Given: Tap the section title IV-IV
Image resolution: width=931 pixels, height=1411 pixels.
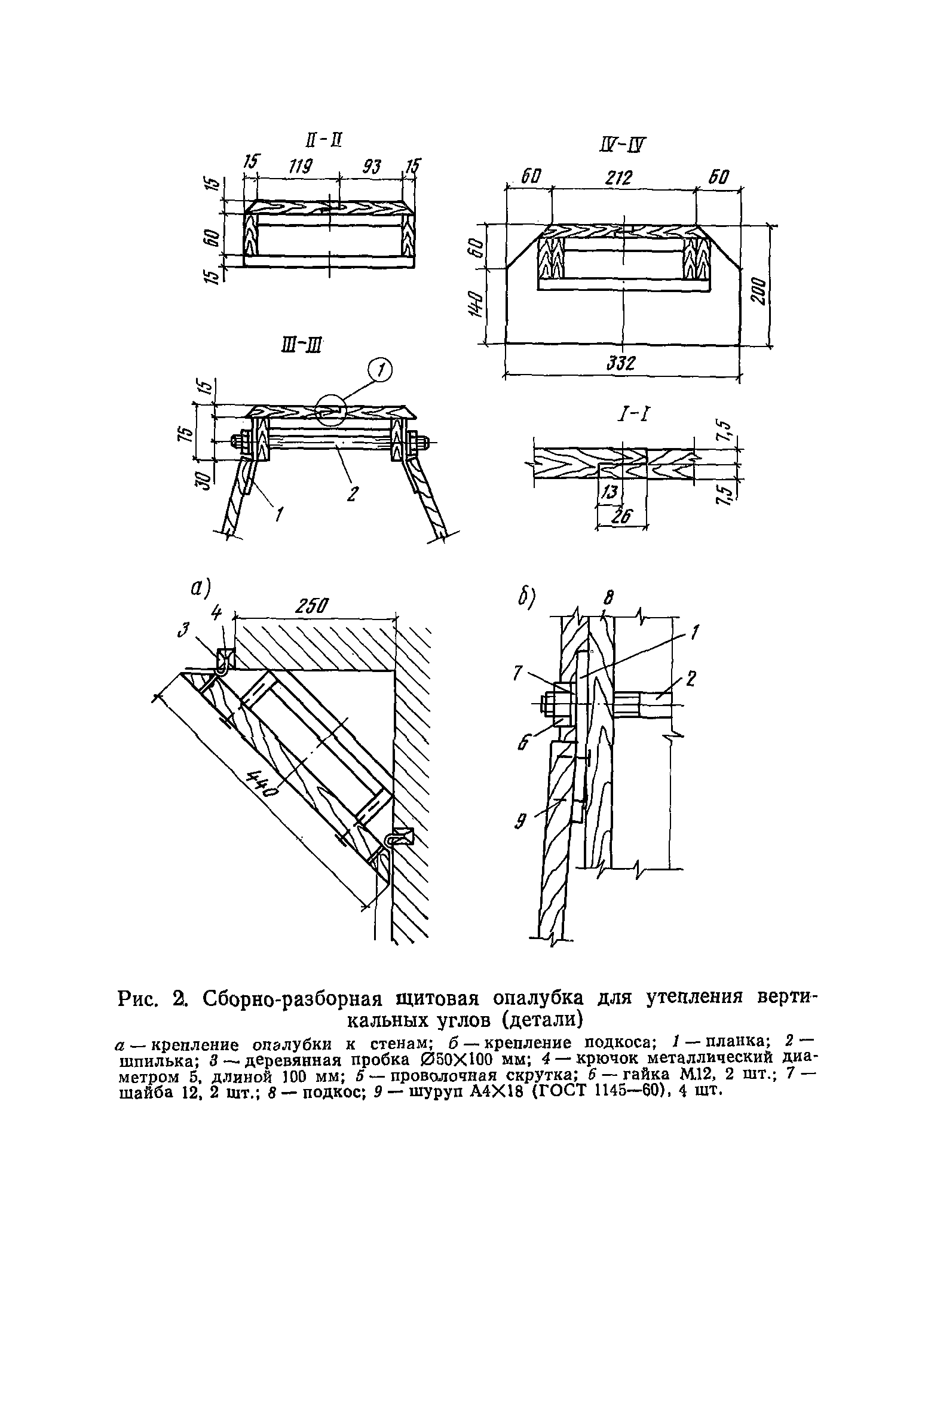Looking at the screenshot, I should click(x=623, y=145).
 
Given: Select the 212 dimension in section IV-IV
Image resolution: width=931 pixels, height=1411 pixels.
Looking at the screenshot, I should click(x=620, y=177).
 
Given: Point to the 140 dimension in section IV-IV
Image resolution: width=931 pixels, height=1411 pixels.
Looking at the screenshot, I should click(x=476, y=304).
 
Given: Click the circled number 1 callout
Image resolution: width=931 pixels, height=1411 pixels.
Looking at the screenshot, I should click(x=380, y=372).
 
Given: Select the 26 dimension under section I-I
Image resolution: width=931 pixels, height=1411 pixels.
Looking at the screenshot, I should click(x=621, y=516).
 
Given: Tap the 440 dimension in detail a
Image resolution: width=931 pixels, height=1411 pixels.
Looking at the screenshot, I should click(x=261, y=783).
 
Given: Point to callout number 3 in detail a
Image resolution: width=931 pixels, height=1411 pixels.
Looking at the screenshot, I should click(x=186, y=629).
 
